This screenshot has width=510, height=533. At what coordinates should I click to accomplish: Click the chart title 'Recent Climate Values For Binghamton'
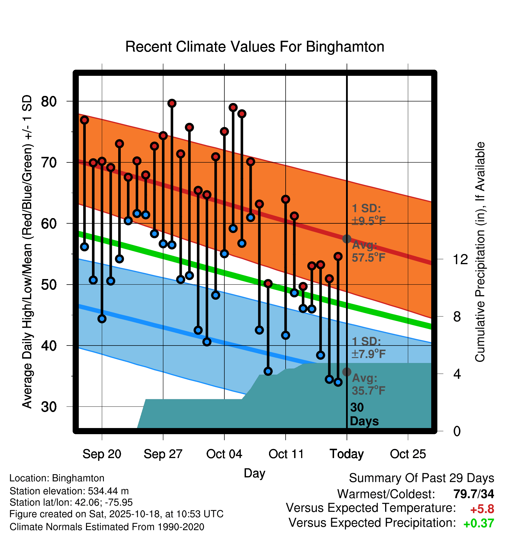click(x=255, y=47)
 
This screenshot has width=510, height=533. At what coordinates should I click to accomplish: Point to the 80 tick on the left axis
click(x=49, y=101)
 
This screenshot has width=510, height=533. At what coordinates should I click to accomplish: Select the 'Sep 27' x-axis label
click(x=163, y=454)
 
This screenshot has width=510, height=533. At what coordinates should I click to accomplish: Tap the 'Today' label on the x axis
click(x=347, y=454)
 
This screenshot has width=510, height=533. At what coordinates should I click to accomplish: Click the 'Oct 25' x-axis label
click(x=408, y=454)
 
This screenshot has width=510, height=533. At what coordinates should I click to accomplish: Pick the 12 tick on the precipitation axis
click(x=460, y=259)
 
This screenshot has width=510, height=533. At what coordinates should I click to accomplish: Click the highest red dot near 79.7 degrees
click(x=172, y=103)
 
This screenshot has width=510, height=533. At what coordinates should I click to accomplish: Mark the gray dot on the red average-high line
click(x=347, y=239)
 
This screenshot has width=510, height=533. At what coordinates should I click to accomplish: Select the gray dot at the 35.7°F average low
click(x=347, y=372)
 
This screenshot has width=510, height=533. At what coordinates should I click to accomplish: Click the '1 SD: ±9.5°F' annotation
click(x=368, y=215)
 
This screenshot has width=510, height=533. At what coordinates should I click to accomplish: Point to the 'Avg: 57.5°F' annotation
click(x=368, y=251)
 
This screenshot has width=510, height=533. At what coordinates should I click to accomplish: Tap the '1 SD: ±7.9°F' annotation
click(x=368, y=348)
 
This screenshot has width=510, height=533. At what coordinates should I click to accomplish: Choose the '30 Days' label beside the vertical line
click(x=364, y=414)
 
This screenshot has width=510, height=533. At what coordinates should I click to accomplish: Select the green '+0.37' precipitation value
click(x=478, y=523)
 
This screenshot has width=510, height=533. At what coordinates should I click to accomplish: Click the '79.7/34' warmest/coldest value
click(x=474, y=494)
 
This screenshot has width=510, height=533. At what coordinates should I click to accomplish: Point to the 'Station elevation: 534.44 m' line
click(x=69, y=491)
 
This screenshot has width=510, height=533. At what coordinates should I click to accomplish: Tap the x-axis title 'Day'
click(x=254, y=473)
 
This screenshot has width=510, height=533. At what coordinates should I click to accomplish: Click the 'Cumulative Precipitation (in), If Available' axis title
click(x=480, y=252)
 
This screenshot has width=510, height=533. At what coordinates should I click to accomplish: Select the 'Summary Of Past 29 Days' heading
click(x=421, y=478)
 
